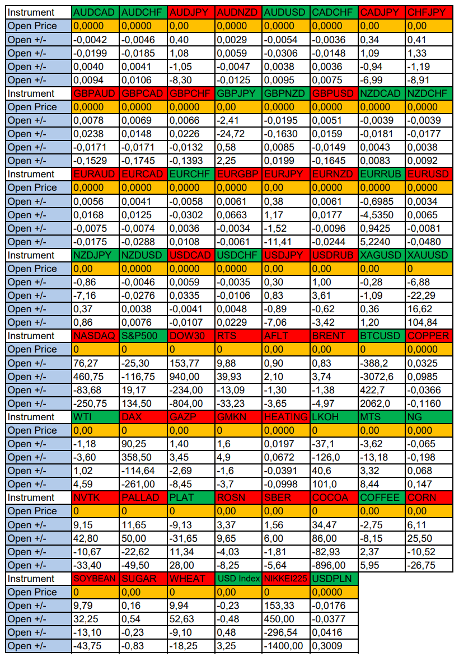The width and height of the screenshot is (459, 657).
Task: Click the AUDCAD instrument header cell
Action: pos(95,12)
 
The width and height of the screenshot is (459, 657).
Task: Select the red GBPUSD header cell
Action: pos(334,93)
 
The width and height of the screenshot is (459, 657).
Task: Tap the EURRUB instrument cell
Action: pos(381,174)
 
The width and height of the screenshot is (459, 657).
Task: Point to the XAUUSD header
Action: pos(429,255)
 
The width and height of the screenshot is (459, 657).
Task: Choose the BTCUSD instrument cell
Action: pos(381,336)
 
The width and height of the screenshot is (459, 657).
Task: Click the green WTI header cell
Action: pos(95,417)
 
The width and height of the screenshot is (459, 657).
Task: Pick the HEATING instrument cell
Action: pos(285,417)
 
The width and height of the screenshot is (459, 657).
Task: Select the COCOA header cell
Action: pos(334,498)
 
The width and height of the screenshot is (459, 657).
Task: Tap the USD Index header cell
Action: pos(238,579)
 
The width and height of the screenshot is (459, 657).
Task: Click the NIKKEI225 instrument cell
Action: pos(285,579)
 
